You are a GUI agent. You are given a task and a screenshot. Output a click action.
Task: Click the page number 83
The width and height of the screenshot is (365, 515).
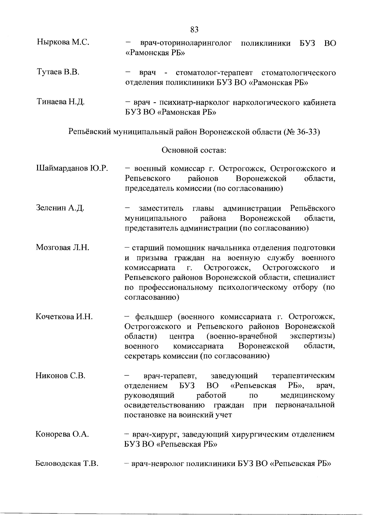click(194, 29)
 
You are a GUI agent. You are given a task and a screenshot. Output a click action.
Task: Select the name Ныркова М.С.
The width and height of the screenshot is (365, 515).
click(63, 42)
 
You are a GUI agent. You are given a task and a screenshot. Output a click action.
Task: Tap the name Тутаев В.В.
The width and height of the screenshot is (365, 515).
click(58, 72)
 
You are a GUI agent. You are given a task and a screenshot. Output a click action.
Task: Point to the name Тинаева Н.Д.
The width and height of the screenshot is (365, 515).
click(61, 102)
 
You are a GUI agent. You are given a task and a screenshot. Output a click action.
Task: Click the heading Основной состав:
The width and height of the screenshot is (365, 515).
click(194, 150)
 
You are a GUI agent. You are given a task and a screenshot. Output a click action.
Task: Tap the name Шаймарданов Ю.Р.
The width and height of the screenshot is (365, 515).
click(72, 168)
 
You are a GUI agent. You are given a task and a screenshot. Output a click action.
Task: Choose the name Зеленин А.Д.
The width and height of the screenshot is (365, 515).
click(60, 208)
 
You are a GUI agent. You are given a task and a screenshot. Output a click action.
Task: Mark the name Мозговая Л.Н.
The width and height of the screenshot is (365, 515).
click(62, 247)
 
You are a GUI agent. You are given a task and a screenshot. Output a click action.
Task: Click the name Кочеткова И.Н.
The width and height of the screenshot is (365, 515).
click(64, 317)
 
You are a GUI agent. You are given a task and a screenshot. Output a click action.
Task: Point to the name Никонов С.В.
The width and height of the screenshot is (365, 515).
click(60, 376)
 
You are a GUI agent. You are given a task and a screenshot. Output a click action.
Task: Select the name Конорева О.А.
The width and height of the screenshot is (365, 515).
click(62, 434)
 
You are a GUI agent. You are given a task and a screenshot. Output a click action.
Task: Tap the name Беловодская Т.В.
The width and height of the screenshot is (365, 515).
click(67, 464)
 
